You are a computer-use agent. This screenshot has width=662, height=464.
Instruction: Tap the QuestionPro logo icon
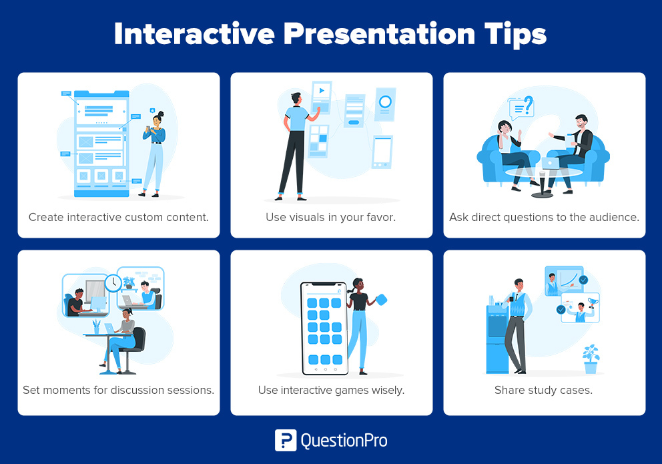coord(285,441)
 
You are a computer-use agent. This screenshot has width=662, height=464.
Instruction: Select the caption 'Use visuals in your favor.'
coord(331,217)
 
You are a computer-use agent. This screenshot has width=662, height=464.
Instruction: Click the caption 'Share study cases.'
coord(543,390)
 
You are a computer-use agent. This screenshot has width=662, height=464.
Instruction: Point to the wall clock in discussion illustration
coord(112,282)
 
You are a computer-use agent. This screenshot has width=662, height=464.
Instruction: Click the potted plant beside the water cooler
coord(591,359)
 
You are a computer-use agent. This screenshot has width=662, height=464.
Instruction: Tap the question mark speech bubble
coord(521,107)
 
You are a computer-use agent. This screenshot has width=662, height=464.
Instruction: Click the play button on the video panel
coord(322,91)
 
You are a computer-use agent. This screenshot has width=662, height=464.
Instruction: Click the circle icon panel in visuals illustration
coord(385,103)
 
